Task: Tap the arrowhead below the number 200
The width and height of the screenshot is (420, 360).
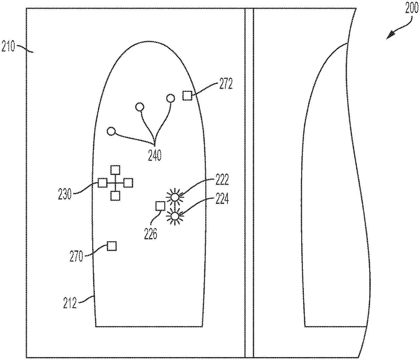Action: pyautogui.click(x=392, y=34)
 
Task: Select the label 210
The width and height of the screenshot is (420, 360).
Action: pyautogui.click(x=8, y=46)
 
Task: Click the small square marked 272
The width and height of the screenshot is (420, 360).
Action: pyautogui.click(x=187, y=96)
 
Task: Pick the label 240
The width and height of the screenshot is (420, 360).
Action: pyautogui.click(x=155, y=155)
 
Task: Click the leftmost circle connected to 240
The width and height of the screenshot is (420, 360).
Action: pyautogui.click(x=111, y=131)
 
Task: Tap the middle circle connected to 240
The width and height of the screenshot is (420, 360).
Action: pyautogui.click(x=139, y=107)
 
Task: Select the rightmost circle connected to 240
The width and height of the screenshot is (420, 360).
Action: pyautogui.click(x=170, y=99)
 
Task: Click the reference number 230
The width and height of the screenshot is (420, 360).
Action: pyautogui.click(x=65, y=194)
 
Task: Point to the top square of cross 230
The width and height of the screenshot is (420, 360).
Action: pyautogui.click(x=115, y=170)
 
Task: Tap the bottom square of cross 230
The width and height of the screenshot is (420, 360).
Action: pyautogui.click(x=115, y=195)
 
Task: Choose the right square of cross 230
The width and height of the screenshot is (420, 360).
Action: pyautogui.click(x=128, y=183)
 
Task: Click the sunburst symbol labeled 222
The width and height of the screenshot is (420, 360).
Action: pyautogui.click(x=175, y=197)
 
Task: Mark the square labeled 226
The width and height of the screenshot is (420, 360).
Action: pyautogui.click(x=160, y=206)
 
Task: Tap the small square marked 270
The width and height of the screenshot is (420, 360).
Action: pyautogui.click(x=111, y=246)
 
